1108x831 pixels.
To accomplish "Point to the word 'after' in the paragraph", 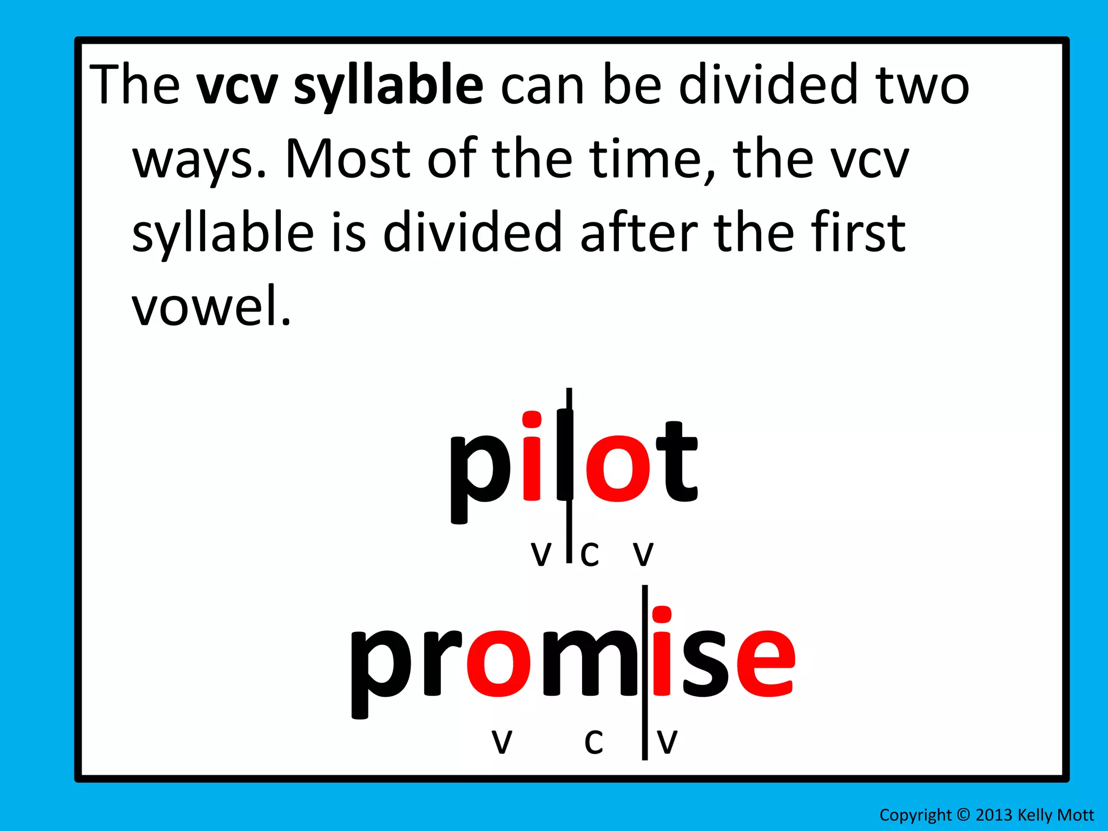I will coord(638,233).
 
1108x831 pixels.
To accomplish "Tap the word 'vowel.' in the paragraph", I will coord(212,306).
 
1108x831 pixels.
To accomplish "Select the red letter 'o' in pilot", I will coord(618,463).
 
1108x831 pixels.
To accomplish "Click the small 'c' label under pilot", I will coord(590,554).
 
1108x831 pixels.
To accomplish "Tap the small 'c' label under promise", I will coord(593,741).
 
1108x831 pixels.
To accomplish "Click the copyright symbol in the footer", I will coord(963,815).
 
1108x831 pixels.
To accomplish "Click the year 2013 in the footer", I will coord(994,815).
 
